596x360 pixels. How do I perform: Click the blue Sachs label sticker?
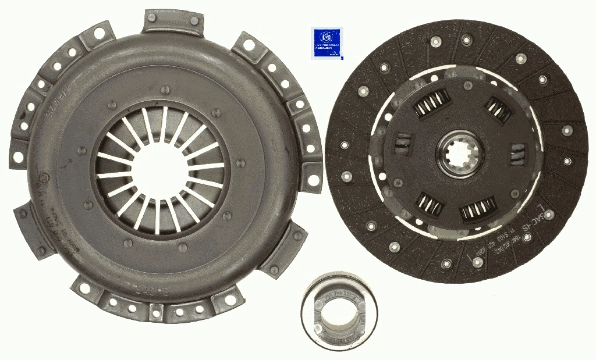pos(328,42)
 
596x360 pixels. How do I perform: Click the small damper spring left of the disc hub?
pos(403,142)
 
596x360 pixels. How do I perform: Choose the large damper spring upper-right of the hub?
pos(499,109)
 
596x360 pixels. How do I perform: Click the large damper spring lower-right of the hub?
pos(478,209)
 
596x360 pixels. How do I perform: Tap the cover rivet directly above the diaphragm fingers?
pos(165,90)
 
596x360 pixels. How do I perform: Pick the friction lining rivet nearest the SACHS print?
pos(548,215)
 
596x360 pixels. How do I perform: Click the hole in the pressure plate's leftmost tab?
pos(18,157)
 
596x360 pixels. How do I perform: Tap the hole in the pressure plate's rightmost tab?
pos(313,180)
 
